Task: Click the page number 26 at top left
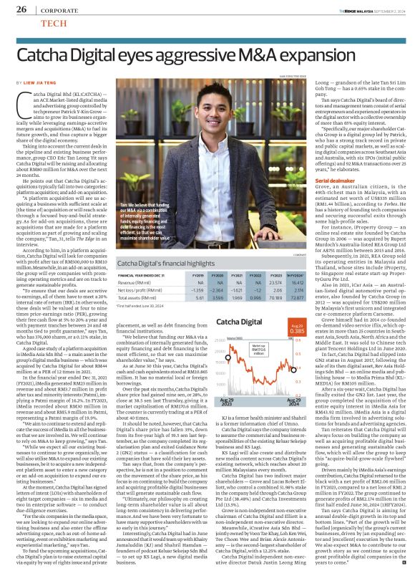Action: point(13,9)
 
